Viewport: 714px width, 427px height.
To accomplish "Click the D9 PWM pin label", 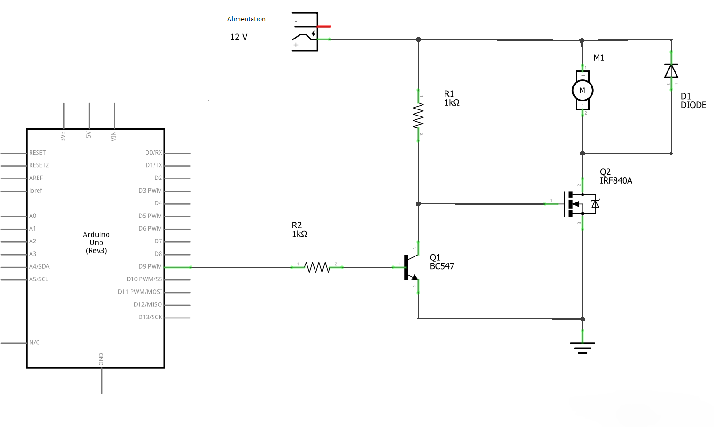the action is click(150, 267).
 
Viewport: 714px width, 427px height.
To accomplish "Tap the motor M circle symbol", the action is click(583, 91).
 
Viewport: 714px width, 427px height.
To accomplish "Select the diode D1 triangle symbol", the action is click(671, 71).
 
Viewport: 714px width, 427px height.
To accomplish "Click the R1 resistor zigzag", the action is click(418, 115).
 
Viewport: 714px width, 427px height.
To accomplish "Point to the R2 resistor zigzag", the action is click(317, 267).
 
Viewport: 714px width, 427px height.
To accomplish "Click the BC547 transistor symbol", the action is click(411, 267).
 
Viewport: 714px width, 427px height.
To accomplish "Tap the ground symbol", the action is click(583, 348).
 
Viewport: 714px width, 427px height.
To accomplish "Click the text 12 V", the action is click(239, 37).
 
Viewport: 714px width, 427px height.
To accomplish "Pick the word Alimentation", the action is click(246, 19).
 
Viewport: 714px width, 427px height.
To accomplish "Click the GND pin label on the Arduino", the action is click(101, 359).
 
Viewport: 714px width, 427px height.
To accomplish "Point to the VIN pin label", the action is click(114, 136).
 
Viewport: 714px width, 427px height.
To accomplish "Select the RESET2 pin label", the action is click(39, 165).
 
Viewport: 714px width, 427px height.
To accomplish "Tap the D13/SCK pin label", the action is click(150, 317).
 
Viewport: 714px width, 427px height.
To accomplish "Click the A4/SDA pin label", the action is click(39, 266).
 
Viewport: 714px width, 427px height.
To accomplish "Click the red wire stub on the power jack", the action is click(324, 27).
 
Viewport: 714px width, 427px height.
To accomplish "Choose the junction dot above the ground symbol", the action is click(583, 319).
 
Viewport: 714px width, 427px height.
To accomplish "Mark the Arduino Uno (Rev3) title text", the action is click(96, 243).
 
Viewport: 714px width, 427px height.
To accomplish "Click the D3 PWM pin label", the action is click(150, 190).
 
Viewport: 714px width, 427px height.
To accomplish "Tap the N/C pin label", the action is click(34, 342).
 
